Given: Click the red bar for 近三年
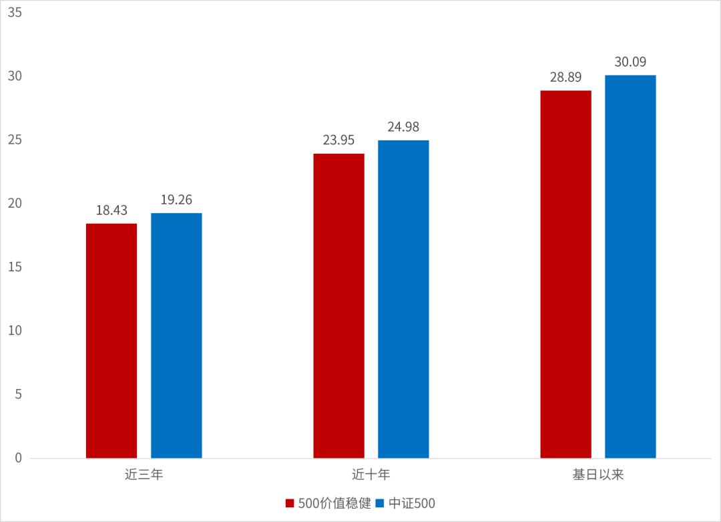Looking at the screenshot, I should click(111, 341).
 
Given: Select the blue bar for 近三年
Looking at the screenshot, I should click(176, 336).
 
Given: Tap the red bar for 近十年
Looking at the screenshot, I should click(338, 306).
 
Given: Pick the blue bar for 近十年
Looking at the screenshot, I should click(403, 299).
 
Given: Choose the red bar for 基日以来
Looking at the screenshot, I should click(565, 274).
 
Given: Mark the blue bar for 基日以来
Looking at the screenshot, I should click(630, 267).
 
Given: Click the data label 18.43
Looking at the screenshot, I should click(111, 210).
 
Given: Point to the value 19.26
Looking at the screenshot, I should click(176, 199).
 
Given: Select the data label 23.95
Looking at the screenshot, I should click(338, 140).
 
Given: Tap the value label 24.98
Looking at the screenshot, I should click(403, 127).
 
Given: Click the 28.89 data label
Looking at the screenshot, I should click(565, 77).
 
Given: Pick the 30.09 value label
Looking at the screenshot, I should click(630, 62).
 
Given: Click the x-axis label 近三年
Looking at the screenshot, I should click(144, 475).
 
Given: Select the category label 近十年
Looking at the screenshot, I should click(371, 475).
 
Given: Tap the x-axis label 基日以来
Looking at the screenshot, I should click(597, 475).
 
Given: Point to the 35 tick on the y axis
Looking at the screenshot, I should click(15, 13).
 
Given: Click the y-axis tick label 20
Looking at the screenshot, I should click(15, 204).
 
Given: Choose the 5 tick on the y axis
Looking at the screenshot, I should click(18, 394).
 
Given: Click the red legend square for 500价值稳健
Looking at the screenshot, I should click(290, 503).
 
